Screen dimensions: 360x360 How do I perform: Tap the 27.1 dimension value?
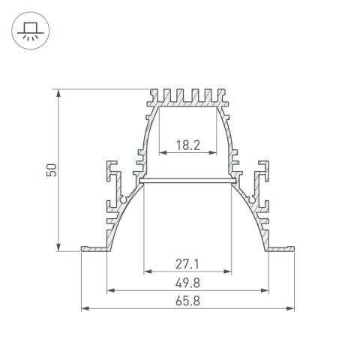186,265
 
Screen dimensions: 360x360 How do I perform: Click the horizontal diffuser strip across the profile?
186,180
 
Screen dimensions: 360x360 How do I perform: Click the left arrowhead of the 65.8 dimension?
82,307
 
